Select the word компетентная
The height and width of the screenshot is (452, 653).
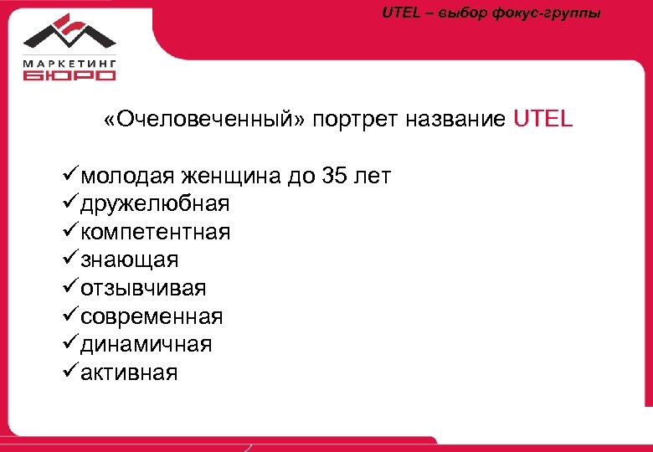156,232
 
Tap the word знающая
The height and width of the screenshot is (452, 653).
130,260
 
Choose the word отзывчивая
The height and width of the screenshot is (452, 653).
143,288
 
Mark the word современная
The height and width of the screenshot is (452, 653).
152,316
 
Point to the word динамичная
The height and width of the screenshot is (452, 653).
146,344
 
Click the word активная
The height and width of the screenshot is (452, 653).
130,372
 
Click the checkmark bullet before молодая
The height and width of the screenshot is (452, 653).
70,175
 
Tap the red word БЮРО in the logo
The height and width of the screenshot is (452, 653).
69,75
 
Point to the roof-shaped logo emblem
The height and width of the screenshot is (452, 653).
69,33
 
